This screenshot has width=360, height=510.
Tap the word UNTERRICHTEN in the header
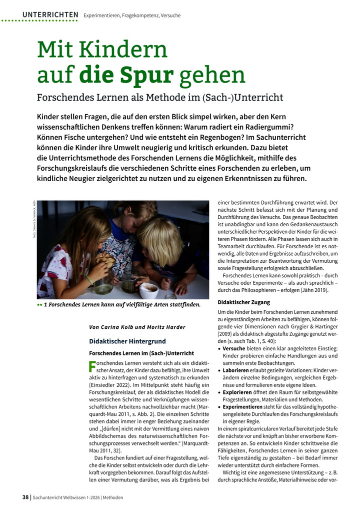click(x=50, y=15)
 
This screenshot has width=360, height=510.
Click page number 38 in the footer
click(x=25, y=497)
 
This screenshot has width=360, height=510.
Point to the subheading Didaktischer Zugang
click(x=244, y=302)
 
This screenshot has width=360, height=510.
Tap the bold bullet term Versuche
click(x=237, y=348)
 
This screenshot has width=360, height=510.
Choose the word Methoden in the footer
click(x=110, y=497)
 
